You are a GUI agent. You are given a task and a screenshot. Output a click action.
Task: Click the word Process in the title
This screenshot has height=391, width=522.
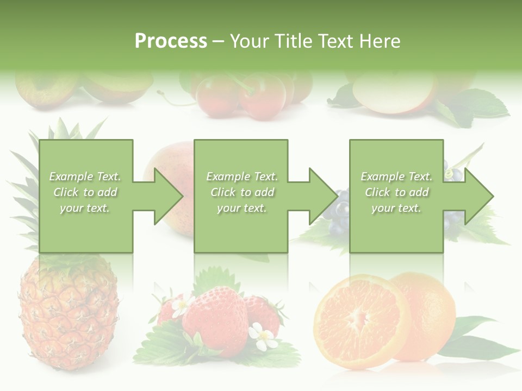click(171, 41)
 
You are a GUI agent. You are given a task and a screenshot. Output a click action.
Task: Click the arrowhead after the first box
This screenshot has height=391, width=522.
click(166, 196)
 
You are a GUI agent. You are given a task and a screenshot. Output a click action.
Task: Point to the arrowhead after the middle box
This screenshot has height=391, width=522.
click(321, 196)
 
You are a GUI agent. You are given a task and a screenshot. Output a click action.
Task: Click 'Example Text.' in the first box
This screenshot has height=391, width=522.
click(85, 176)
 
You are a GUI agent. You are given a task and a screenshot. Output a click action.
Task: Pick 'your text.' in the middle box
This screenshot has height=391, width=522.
click(241, 208)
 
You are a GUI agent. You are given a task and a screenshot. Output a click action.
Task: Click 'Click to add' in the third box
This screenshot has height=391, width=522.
click(396, 192)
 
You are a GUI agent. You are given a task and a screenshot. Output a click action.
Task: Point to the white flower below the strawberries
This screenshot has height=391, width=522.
click(265, 337)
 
